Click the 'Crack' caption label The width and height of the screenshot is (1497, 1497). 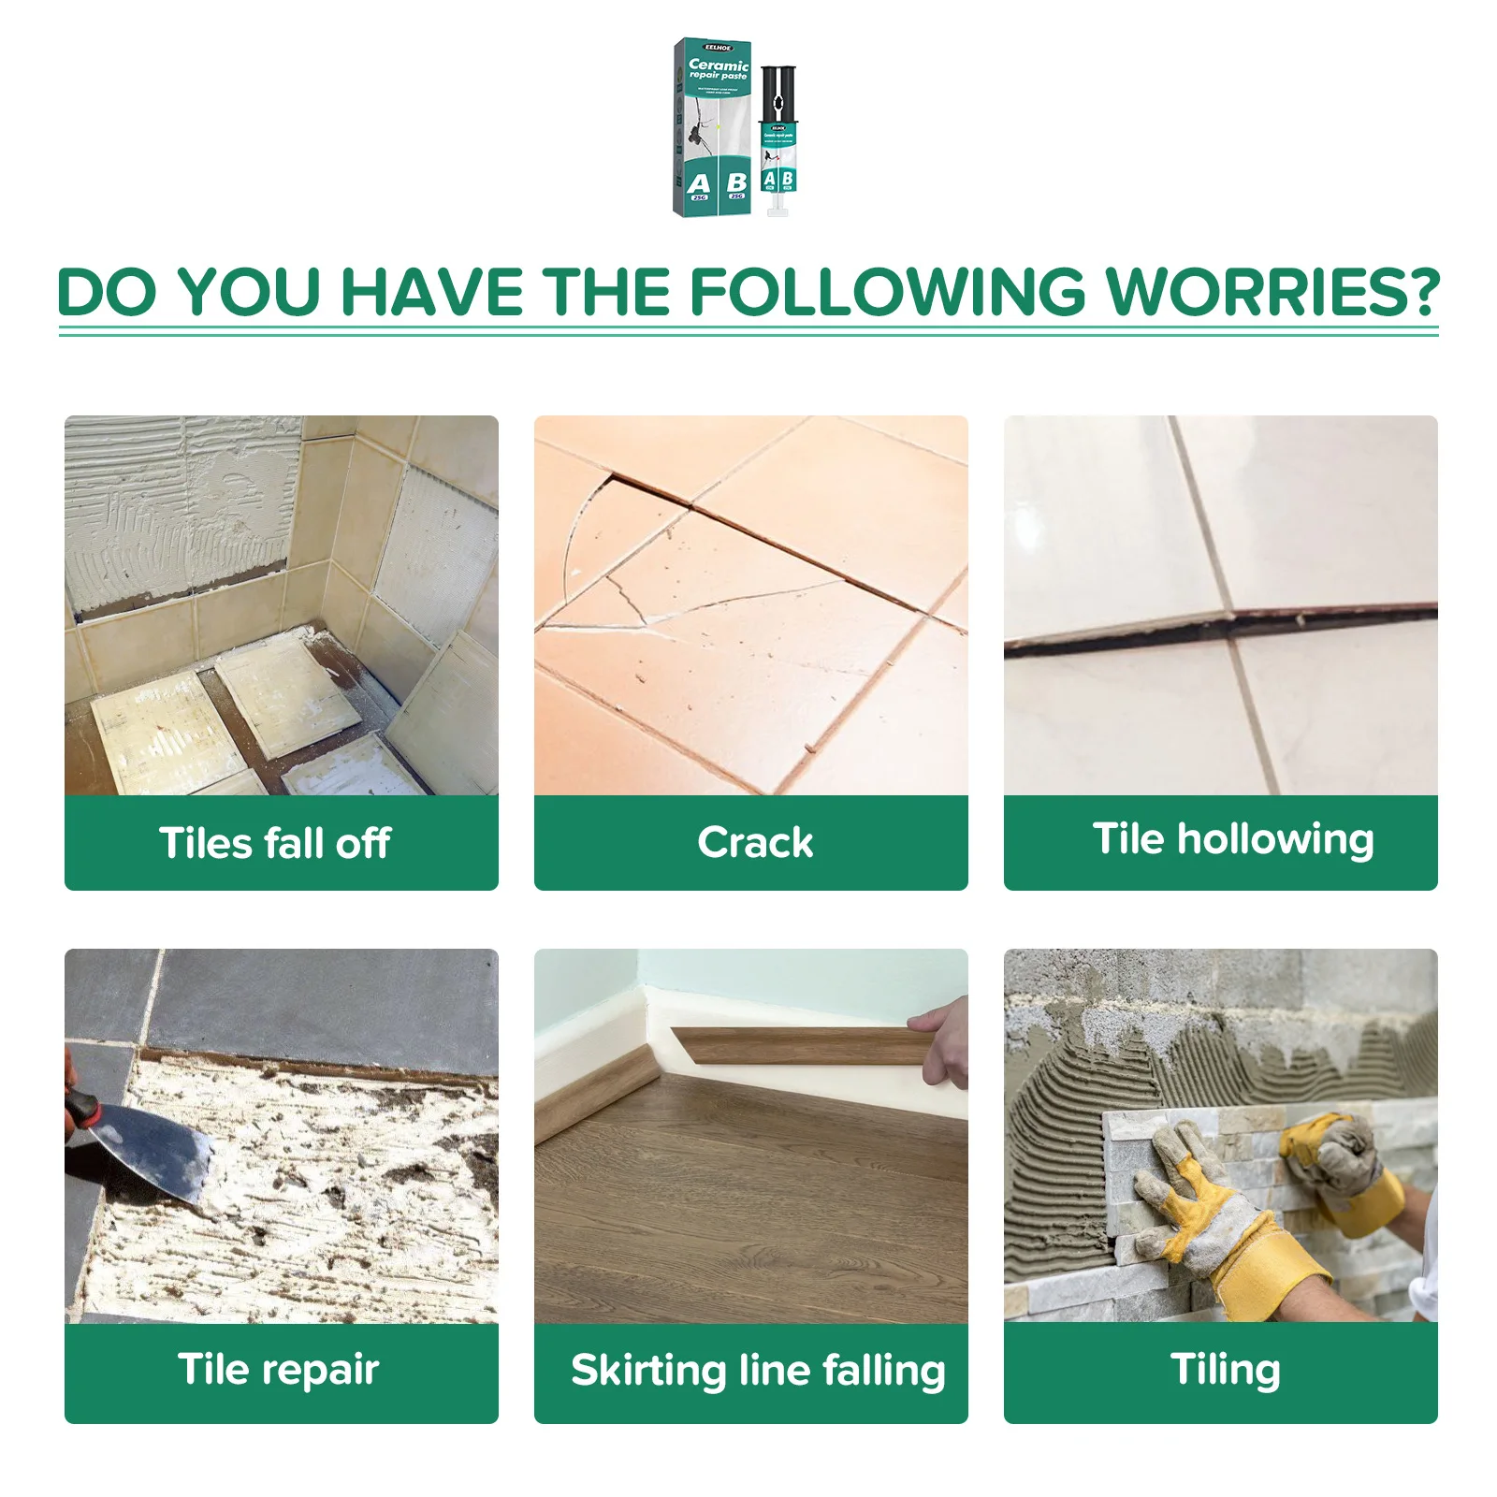coord(754,842)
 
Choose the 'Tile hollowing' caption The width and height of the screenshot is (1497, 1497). coord(1232,839)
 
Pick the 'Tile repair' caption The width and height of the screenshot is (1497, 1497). coord(278,1370)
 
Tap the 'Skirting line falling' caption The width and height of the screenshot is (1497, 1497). coord(757,1371)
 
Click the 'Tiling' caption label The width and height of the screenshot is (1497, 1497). coord(1225,1370)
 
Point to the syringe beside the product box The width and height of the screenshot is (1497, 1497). coord(778,150)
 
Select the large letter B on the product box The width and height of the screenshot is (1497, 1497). coord(736,182)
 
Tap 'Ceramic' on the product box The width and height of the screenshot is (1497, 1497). coord(719,65)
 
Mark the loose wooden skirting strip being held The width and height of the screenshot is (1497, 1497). coord(795,1046)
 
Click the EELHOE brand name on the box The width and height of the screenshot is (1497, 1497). coord(718,46)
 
